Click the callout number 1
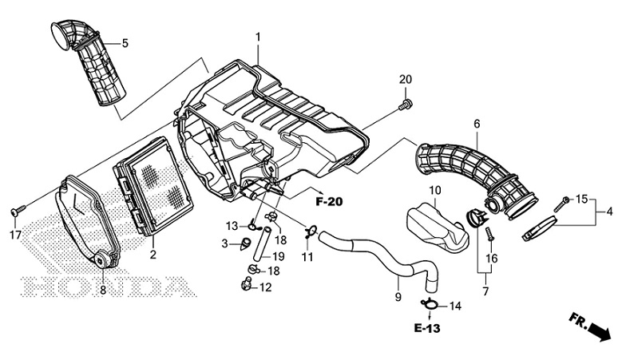coord(258,37)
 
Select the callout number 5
coord(125,42)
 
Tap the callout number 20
coord(406,79)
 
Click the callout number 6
coord(477,124)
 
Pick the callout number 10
coord(435,190)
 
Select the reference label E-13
coord(430,328)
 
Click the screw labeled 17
coord(15,211)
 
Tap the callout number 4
coord(610,212)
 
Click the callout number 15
coord(581,198)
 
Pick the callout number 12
coord(266,287)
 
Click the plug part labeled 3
coord(246,243)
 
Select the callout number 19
coord(279,256)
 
